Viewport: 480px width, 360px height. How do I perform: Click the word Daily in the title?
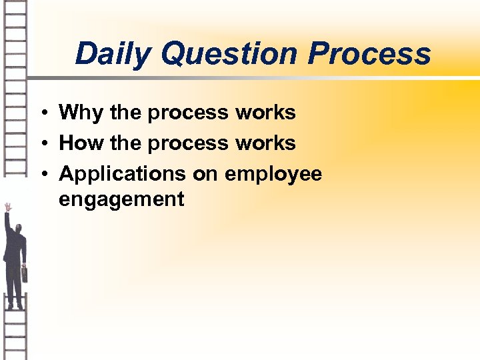click(113, 53)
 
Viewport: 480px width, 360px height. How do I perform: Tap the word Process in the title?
click(369, 53)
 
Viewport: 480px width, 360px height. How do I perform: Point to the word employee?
click(273, 175)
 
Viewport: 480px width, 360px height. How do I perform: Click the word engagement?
click(121, 199)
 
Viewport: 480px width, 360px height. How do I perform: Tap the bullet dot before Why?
click(41, 113)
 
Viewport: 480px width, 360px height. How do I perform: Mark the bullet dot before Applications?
click(41, 175)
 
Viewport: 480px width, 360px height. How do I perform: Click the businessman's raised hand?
click(8, 207)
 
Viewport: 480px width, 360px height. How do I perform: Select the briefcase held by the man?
click(25, 273)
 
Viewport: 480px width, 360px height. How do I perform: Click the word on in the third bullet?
click(205, 174)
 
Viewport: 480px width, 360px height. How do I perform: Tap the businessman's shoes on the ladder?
click(15, 306)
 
